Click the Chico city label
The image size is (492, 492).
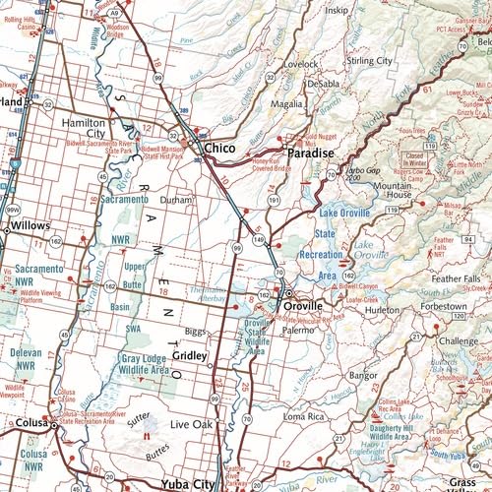[221, 148]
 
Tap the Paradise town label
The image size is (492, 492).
[311, 154]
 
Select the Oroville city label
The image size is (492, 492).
[303, 306]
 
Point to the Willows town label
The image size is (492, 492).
[31, 225]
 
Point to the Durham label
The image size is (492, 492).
[176, 199]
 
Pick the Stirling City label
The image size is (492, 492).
[369, 61]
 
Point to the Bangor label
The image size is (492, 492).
[363, 375]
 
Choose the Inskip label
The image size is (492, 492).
[337, 11]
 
